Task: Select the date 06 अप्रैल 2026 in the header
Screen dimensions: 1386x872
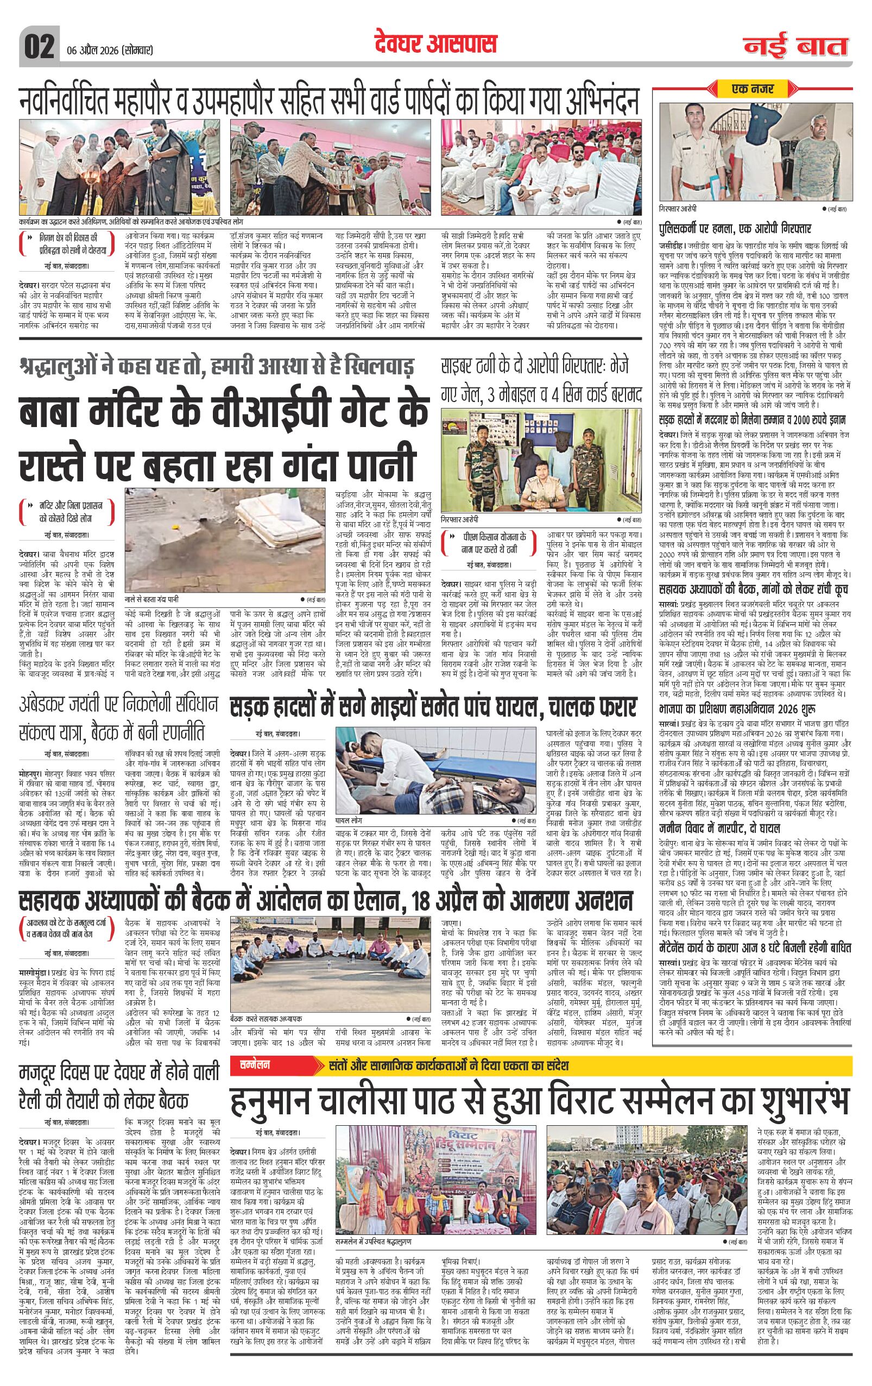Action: point(106,50)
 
